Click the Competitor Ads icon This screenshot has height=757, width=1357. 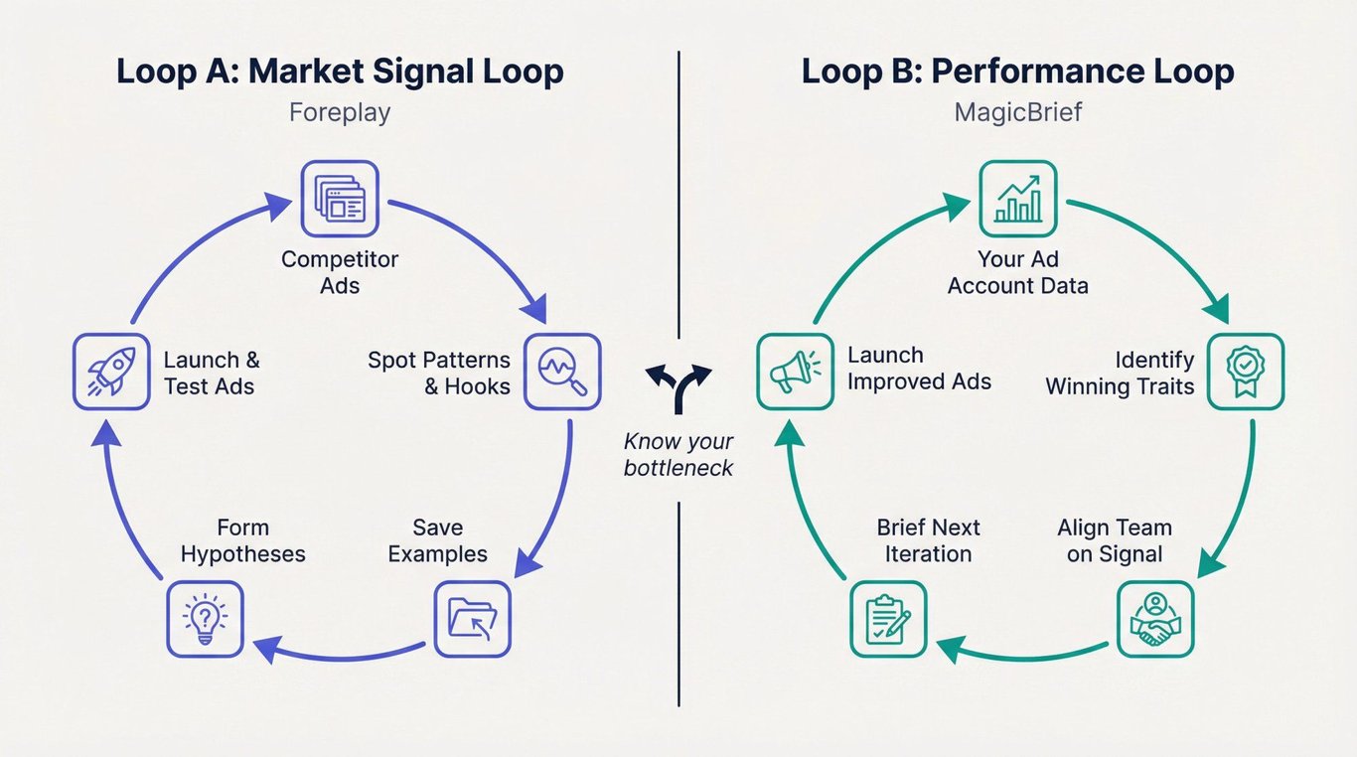point(340,199)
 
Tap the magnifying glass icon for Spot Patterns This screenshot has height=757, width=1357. point(562,372)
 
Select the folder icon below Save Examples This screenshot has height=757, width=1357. point(473,619)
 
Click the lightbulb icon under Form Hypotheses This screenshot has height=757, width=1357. point(205,619)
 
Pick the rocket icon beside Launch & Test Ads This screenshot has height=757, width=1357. point(111,372)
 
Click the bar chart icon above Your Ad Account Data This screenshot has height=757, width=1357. point(1018,199)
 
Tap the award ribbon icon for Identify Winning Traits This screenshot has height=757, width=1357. point(1246,372)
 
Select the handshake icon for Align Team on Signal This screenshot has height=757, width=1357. point(1155,619)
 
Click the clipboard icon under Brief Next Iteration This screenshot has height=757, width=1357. point(888,619)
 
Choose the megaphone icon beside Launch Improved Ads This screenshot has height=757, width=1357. point(795,372)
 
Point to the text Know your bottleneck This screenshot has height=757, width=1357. point(678,454)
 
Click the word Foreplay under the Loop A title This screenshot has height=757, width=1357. point(340,112)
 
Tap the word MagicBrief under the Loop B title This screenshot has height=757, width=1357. point(1018,112)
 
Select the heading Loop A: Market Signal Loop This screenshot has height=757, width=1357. point(340,72)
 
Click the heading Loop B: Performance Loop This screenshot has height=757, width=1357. point(1018,72)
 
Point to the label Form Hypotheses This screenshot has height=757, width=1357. point(242,540)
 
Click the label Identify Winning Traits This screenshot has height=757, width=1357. point(1120,373)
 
